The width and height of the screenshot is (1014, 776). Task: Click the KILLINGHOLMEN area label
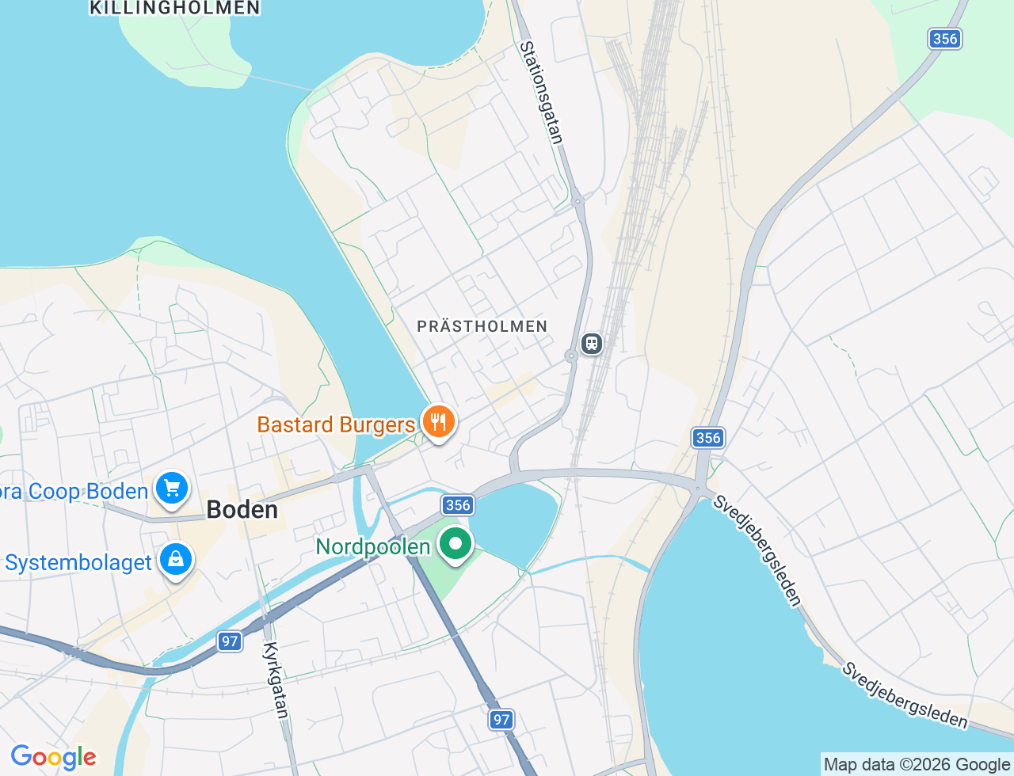point(174,8)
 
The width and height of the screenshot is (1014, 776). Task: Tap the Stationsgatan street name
point(541,93)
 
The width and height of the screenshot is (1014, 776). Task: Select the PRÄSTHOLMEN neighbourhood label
point(482,326)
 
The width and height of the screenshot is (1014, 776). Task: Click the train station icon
point(592,344)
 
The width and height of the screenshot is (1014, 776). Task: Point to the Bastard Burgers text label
point(336,424)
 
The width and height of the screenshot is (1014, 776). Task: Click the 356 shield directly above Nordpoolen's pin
point(458,505)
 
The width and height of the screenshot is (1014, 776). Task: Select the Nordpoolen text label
point(372,546)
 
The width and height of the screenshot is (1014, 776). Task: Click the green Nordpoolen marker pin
point(456,545)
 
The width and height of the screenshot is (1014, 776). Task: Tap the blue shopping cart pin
point(172,488)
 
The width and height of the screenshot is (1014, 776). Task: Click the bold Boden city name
point(242,509)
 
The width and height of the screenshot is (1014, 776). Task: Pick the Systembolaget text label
point(78,563)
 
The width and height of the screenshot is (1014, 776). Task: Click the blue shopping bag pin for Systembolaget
point(176,560)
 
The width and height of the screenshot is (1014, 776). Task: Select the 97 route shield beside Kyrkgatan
point(230,641)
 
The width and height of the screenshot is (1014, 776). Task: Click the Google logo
point(53,758)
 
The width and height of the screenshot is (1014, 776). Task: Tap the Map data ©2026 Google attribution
point(917,764)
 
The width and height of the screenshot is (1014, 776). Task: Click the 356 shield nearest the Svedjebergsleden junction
point(707,438)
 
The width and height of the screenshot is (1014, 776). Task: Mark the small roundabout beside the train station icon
point(571,356)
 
